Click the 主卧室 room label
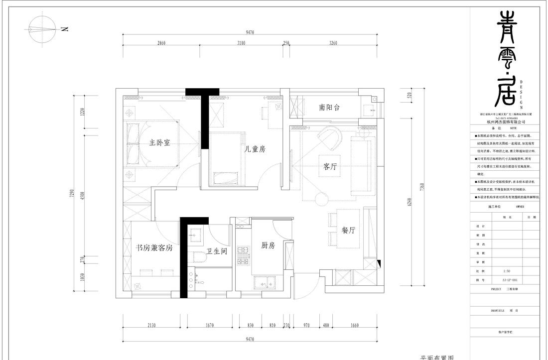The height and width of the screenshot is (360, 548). click(x=160, y=143)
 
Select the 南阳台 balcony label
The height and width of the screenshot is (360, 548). click(x=330, y=108)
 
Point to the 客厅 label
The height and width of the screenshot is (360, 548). click(x=327, y=167)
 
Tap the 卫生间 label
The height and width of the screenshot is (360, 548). click(x=217, y=251)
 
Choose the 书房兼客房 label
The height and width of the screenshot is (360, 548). click(x=154, y=248)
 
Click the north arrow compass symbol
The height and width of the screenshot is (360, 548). click(x=40, y=29)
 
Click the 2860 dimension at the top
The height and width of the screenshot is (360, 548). click(x=158, y=43)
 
